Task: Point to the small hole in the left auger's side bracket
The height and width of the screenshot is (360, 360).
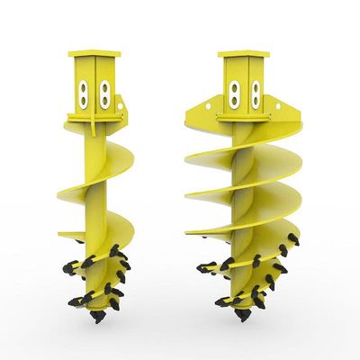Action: coord(124,114)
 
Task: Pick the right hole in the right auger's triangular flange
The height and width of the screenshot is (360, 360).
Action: coord(289,114)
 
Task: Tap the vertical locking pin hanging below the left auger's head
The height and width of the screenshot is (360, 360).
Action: coord(114,126)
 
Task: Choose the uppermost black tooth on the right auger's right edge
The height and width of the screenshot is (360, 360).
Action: coord(292,238)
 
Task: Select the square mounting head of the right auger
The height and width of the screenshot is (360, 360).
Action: coord(243,85)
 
